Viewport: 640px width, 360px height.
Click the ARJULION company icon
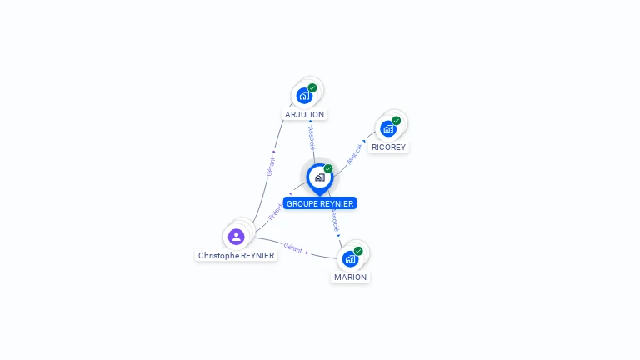point(304,96)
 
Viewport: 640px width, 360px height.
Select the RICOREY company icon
point(388,128)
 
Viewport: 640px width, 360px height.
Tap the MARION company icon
point(350,258)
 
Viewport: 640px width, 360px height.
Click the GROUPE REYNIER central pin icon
point(319,177)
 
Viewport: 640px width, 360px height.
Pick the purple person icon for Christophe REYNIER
point(236,237)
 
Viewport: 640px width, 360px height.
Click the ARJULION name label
point(304,114)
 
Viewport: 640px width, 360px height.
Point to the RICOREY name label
point(388,147)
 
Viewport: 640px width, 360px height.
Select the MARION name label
point(350,277)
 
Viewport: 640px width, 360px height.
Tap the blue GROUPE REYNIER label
point(320,203)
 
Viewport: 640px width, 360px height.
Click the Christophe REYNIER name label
point(236,255)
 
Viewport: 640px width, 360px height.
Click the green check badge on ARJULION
point(312,87)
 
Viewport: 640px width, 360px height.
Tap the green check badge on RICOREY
point(397,120)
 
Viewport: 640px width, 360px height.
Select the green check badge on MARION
point(358,250)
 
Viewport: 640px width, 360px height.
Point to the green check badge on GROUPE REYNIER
point(328,168)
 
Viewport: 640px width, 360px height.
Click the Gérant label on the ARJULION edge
point(270,166)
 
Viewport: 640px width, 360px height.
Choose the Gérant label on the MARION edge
point(292,247)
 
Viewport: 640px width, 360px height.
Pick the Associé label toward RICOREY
point(356,152)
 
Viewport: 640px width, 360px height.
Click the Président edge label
point(276,210)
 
